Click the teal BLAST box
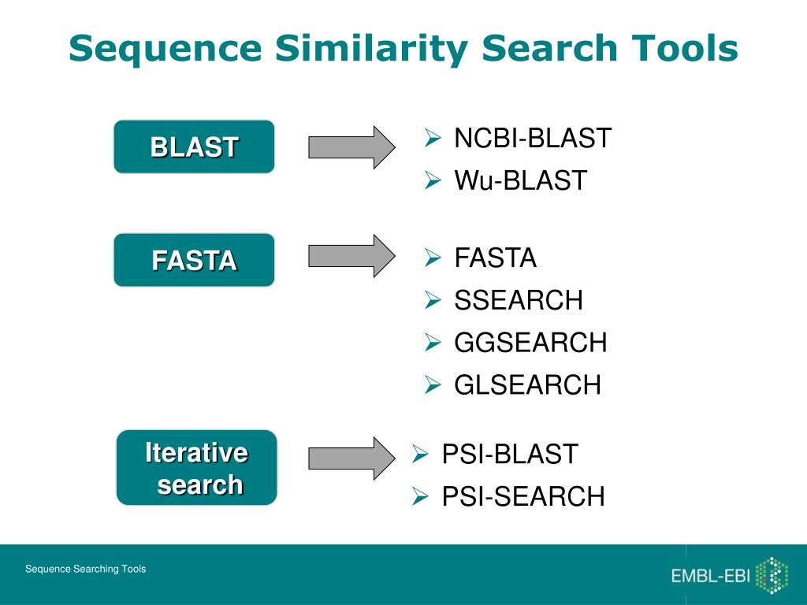pos(194,147)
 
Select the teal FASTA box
pos(194,260)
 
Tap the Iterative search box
pos(197,468)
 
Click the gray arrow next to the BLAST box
pos(351,147)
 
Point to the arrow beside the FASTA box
pos(351,255)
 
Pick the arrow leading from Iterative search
pos(351,458)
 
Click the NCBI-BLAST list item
pos(532,139)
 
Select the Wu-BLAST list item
pos(520,181)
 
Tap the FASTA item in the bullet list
pos(495,258)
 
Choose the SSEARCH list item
pos(519,300)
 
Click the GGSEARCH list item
pos(530,343)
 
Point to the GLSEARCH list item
pos(527,385)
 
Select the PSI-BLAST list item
pos(509,455)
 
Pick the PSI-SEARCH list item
pos(523,497)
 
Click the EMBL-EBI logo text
pos(710,576)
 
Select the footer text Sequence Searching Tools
pos(85,569)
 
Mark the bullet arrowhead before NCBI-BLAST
pos(432,139)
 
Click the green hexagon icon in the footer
pos(772,575)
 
